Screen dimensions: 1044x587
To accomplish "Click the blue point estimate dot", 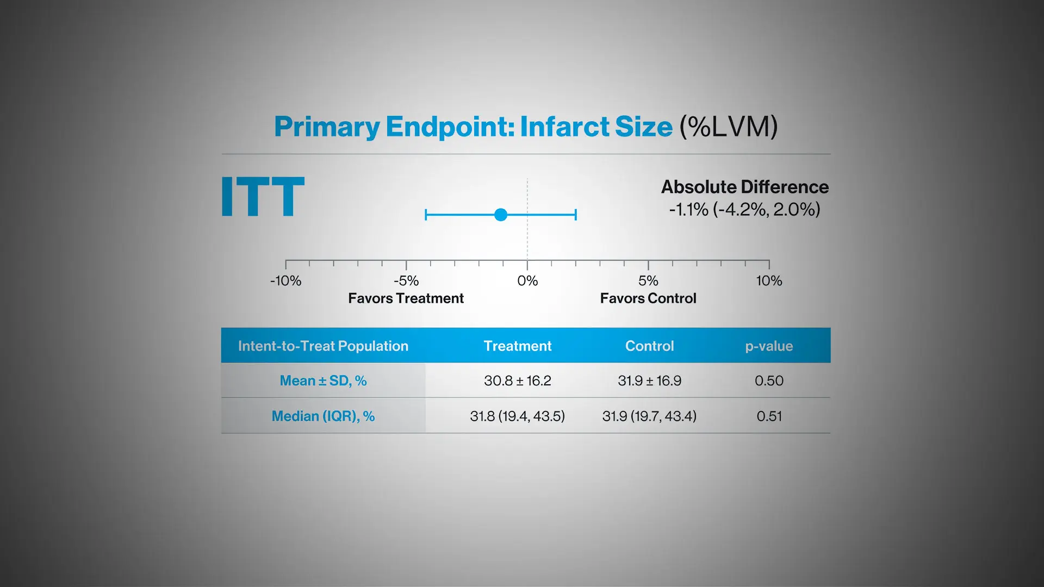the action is [501, 215].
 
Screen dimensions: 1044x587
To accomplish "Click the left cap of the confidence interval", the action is [426, 215].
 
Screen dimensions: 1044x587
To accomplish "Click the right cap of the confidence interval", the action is [576, 215].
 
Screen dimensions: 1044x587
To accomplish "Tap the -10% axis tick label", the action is [285, 281].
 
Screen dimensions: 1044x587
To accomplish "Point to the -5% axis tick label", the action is [406, 281].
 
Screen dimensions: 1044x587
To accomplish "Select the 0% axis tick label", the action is [527, 281].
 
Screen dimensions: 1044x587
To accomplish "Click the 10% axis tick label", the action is [769, 281].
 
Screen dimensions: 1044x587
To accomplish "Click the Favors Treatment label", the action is [406, 298].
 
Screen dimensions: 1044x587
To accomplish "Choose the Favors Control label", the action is [648, 298].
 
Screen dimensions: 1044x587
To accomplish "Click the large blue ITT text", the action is [263, 196].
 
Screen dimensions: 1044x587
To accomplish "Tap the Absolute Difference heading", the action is [745, 187].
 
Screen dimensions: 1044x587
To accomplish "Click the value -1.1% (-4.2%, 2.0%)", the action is [744, 209].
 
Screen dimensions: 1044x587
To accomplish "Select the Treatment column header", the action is [518, 346].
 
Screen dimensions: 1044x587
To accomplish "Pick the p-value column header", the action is [769, 347].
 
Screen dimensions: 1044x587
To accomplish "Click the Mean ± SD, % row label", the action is [323, 381].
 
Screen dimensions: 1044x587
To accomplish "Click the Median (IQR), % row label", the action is [323, 416].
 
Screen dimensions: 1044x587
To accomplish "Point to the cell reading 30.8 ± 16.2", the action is [518, 381].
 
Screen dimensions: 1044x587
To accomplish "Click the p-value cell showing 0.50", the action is [769, 381].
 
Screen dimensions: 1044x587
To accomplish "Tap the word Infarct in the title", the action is [565, 127].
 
